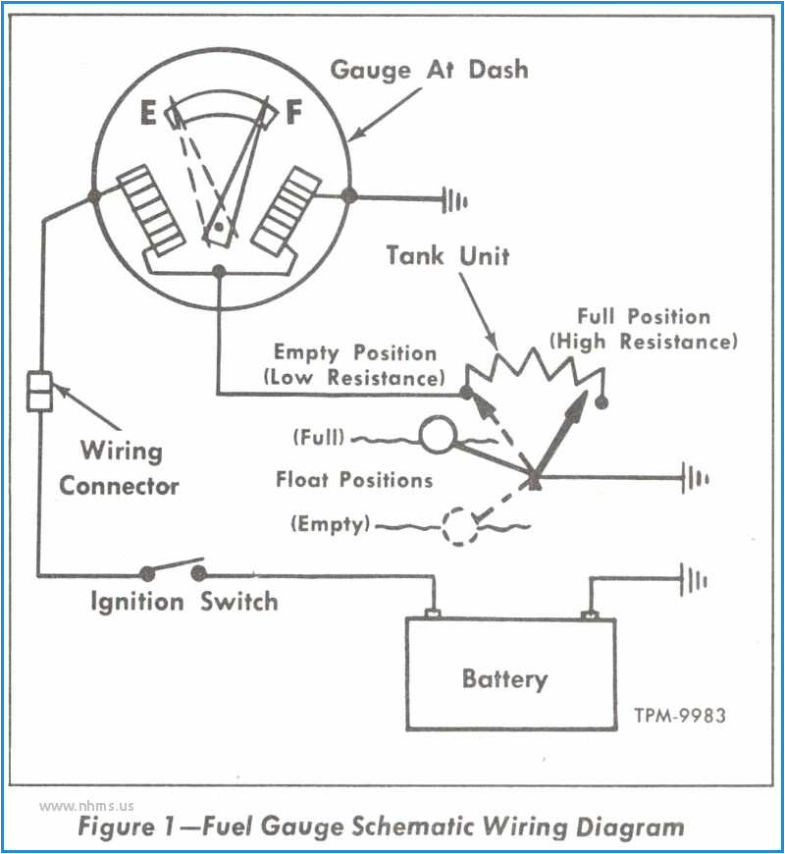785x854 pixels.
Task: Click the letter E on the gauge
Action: (148, 115)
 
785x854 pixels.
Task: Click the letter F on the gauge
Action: (293, 114)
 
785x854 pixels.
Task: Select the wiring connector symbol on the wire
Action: (38, 391)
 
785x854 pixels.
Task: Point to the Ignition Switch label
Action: (184, 600)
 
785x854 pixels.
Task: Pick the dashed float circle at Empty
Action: (457, 525)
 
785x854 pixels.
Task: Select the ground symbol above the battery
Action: (695, 580)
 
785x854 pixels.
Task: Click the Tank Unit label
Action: (447, 256)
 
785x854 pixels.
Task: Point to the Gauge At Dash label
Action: (429, 70)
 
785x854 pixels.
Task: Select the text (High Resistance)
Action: (643, 342)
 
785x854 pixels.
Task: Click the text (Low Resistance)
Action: (353, 377)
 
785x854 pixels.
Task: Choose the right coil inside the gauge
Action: (288, 211)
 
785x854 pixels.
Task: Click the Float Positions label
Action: (354, 480)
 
